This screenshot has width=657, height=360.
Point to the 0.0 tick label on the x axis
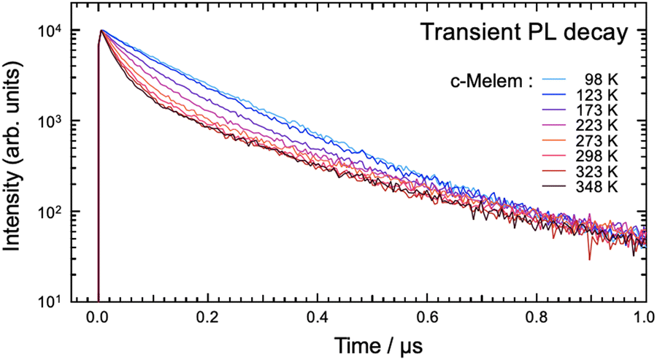97,318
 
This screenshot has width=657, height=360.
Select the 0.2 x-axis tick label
207,318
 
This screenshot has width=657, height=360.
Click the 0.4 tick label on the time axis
317,318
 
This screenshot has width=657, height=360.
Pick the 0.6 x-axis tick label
427,318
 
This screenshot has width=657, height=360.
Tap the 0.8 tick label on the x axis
537,318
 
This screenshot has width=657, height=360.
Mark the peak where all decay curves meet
102,31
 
